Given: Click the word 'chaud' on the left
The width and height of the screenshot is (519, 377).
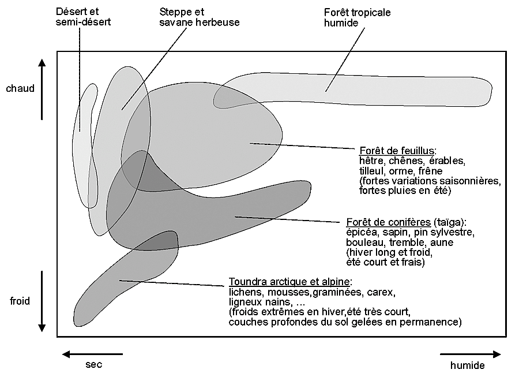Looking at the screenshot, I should coord(20,89).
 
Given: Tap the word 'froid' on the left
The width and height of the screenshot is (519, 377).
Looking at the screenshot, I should coord(20,301).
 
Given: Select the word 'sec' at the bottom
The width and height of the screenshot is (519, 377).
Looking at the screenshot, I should coord(93,365).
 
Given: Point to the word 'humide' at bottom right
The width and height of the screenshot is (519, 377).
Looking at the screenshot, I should coord(467,365).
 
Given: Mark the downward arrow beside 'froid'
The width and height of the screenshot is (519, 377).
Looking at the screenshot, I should coord(42,301).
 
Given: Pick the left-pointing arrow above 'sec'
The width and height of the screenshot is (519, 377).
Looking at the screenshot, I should coord(92,354).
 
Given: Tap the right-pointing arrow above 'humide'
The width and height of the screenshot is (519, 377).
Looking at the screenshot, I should coord(470,354).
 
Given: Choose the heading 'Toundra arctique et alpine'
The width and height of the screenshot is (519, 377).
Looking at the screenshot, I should coord(289,282).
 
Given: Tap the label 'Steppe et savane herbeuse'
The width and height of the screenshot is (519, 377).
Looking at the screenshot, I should coord(199,17).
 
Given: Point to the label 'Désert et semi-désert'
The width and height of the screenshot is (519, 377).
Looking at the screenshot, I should coord(84,17).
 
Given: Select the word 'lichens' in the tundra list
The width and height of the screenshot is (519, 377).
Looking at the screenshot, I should coord(243,292).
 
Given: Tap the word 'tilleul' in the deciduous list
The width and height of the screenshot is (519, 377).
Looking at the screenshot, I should coord(371,171).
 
